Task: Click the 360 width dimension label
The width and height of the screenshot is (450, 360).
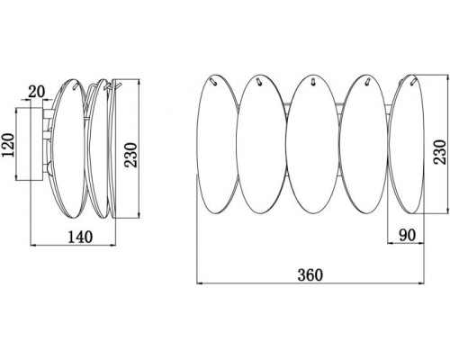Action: point(310,274)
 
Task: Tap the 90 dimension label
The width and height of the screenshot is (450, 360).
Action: point(407,235)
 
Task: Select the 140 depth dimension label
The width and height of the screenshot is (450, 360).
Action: point(80,237)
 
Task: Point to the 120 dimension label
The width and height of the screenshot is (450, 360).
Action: point(8,145)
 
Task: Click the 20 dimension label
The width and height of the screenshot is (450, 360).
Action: point(36,92)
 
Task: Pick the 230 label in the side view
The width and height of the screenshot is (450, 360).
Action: point(130,155)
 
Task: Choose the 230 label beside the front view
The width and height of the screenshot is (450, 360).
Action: point(440,152)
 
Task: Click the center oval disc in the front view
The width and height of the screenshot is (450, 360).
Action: point(311,144)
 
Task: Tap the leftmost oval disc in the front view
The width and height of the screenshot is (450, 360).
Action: point(218,144)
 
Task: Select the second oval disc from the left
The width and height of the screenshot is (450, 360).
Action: point(261,144)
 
